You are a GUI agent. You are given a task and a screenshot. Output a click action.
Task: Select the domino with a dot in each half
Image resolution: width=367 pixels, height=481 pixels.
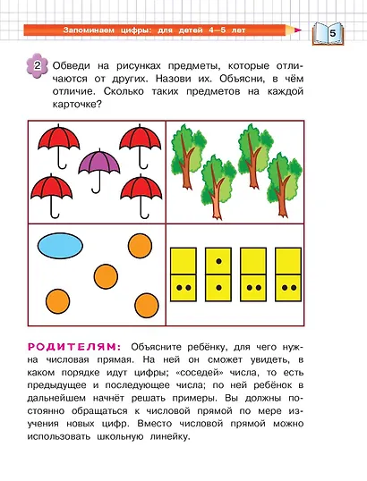(x=218, y=274)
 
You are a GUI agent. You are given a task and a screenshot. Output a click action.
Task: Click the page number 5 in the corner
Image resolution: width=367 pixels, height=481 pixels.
(x=332, y=34)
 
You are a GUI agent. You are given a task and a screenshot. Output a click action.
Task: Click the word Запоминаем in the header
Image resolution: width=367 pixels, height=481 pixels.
(x=92, y=30)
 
